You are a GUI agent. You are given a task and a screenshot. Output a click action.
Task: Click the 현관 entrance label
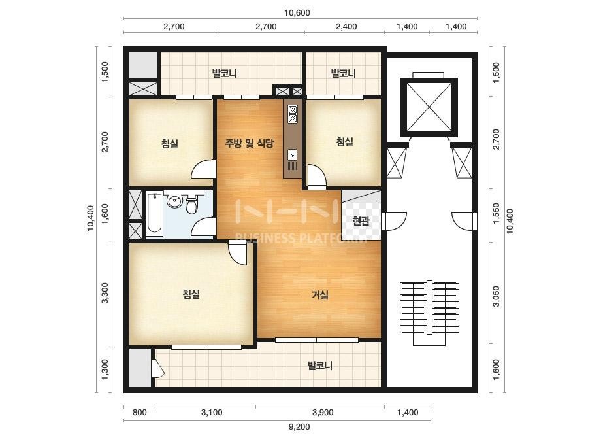361,221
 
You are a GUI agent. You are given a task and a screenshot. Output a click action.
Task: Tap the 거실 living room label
320,296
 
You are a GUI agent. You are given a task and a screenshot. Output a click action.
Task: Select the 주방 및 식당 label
249,144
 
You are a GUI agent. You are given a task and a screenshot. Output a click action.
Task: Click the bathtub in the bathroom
154,214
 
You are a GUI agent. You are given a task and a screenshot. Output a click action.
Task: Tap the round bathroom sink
175,201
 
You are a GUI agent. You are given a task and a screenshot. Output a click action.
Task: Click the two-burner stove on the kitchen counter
292,114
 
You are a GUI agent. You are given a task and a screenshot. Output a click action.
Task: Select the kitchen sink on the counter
293,155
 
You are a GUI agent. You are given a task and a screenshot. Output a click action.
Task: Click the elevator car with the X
429,107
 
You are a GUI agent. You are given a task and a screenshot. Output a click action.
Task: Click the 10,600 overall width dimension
297,13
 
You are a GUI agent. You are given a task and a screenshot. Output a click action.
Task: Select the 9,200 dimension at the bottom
299,426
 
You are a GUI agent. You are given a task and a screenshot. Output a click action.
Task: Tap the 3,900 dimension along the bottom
323,413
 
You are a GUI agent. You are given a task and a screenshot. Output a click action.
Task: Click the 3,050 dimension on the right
497,296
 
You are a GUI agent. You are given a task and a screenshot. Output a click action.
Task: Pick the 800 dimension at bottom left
139,413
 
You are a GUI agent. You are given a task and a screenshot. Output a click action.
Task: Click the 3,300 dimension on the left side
105,293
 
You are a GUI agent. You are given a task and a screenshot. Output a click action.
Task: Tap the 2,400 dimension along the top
346,27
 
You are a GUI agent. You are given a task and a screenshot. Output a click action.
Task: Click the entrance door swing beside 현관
394,221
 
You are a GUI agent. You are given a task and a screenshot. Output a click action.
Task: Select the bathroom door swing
203,226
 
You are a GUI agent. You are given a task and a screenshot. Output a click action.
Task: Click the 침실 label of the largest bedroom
191,294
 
